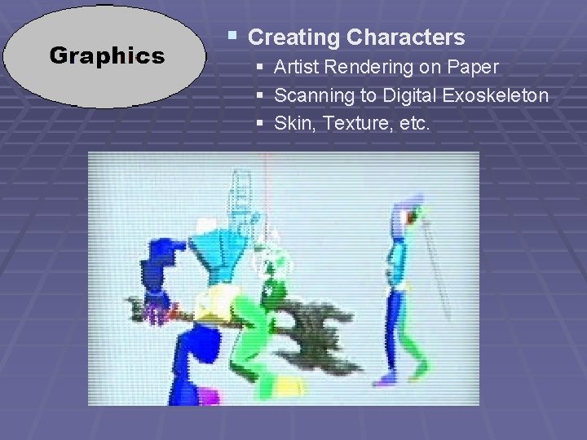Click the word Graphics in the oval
click(107, 55)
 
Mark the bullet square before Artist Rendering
click(260, 66)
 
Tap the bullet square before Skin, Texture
click(260, 123)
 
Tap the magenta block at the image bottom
click(210, 397)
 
